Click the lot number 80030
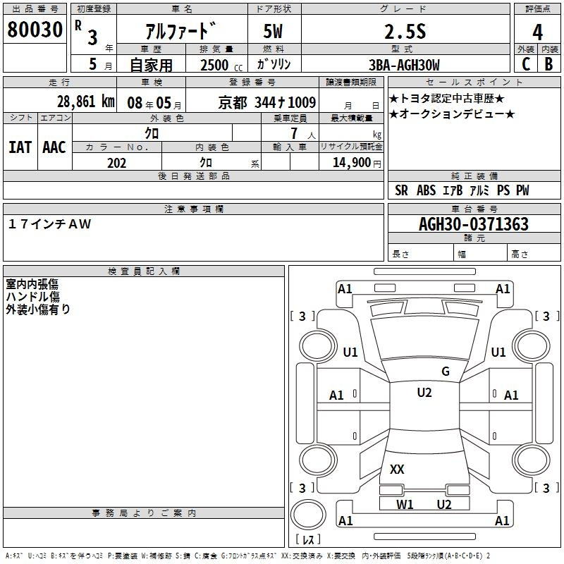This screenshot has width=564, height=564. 35,30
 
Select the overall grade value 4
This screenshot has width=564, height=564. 537,32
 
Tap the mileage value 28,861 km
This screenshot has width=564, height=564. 86,102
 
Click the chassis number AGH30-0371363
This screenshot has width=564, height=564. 474,224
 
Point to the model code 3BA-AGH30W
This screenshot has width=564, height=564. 404,65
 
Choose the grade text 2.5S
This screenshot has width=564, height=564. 405,32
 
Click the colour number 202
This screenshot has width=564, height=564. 116,163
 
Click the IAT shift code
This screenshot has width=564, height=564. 20,147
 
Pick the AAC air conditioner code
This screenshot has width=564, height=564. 54,147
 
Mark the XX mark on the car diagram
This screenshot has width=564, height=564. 397,469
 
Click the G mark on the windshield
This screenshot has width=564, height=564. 446,372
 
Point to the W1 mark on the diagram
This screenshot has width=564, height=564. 405,505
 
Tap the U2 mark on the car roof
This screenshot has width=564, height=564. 424,393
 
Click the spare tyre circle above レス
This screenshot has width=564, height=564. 308,515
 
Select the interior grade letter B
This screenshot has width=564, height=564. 548,64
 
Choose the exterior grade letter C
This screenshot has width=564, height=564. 526,64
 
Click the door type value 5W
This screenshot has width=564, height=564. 273,31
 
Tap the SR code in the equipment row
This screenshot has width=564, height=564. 401,190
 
